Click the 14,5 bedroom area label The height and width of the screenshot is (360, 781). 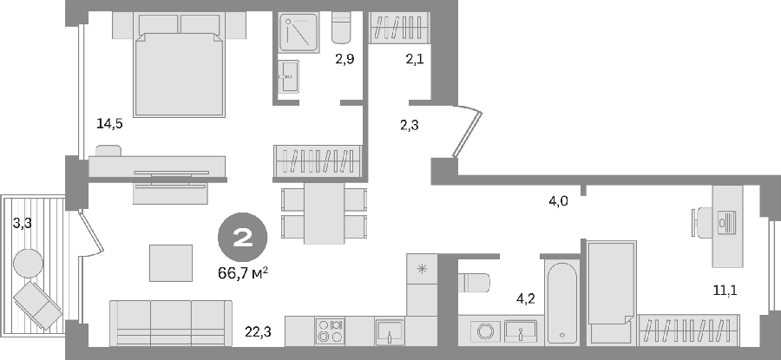(x=109, y=124)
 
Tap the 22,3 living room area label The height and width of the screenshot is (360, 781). (x=258, y=331)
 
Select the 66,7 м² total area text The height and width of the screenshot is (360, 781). (x=243, y=273)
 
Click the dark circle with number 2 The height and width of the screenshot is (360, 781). (x=243, y=238)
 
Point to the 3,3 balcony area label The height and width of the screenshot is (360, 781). (x=23, y=224)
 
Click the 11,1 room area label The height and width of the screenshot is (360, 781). (x=725, y=290)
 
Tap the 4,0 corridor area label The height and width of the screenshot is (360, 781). (x=558, y=201)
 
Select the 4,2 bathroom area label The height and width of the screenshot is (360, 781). (x=525, y=299)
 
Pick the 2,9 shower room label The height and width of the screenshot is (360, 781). (x=345, y=60)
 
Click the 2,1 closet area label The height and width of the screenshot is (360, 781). (x=415, y=60)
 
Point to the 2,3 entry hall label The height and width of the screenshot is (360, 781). (x=409, y=125)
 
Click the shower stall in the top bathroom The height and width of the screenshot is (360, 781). (x=299, y=32)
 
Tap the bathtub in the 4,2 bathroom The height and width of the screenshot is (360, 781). (x=561, y=302)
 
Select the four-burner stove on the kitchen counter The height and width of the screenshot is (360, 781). (x=330, y=331)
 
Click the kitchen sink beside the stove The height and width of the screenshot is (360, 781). (x=390, y=331)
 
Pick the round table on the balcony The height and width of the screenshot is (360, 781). (x=28, y=264)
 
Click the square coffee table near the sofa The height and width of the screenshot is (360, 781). (x=171, y=263)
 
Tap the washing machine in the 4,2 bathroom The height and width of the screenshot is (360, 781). (x=486, y=331)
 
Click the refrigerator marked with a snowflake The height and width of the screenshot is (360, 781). (x=422, y=285)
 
